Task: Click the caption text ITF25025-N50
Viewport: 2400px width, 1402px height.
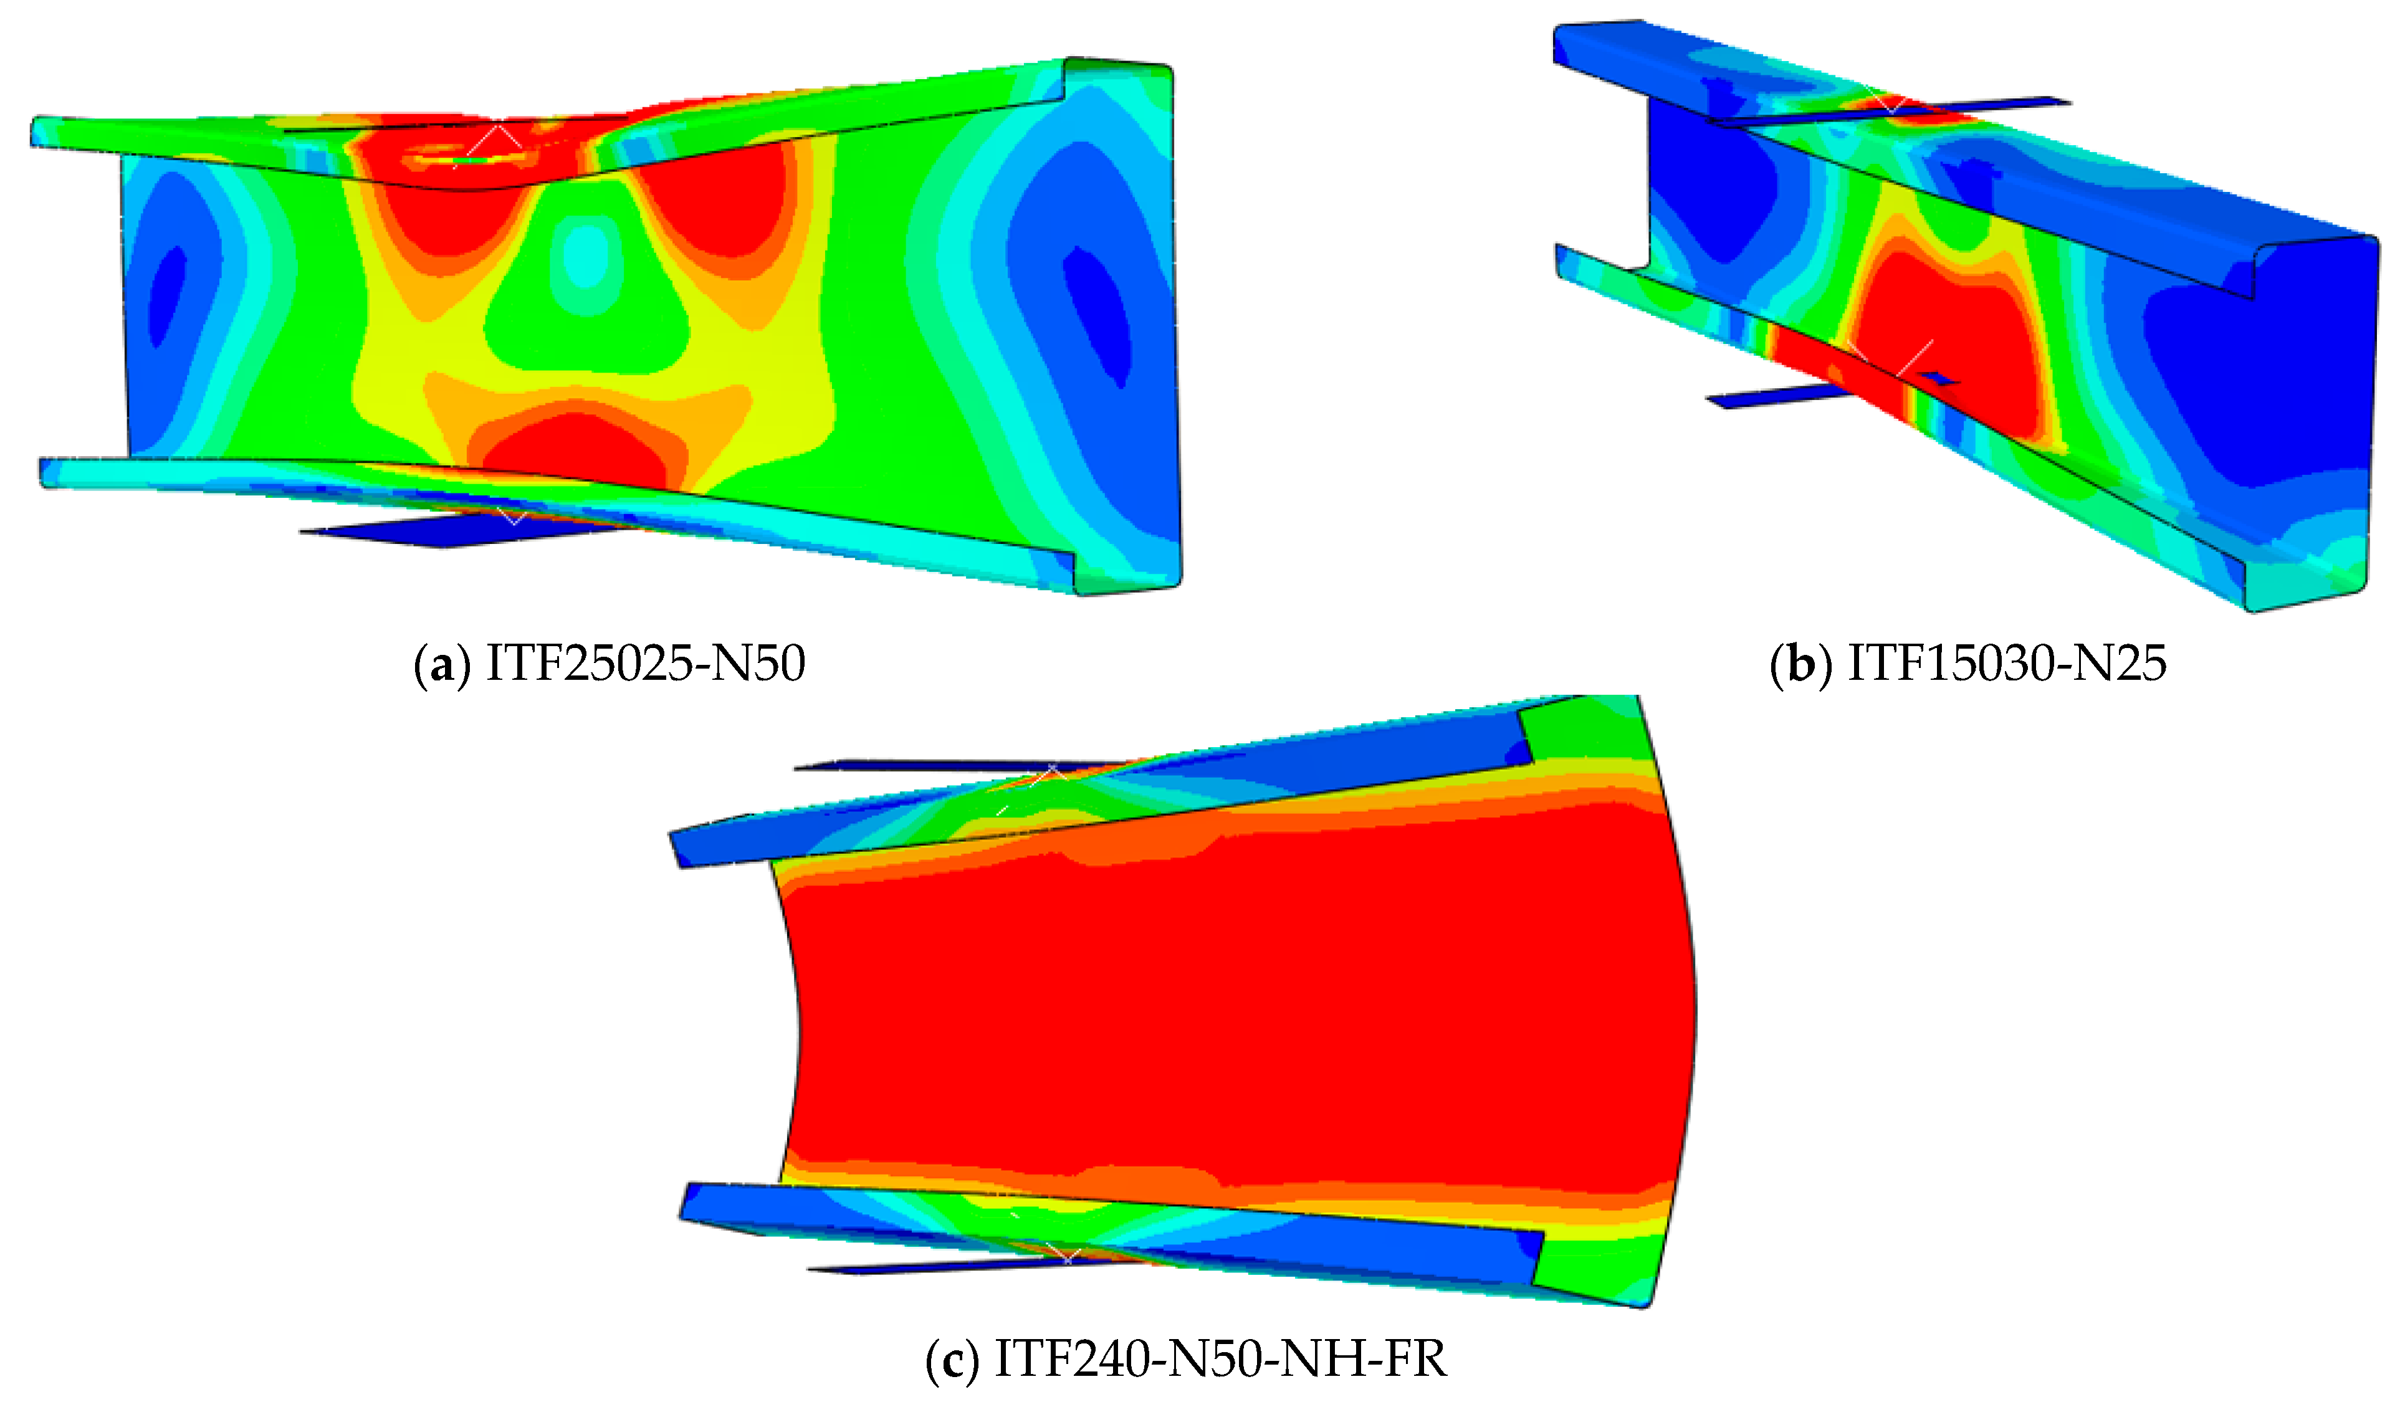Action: [645, 663]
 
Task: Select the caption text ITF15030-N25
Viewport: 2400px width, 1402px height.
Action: [2007, 663]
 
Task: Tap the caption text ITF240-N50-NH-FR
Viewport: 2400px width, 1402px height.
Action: [1220, 1358]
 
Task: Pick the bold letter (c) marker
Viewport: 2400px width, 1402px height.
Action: [952, 1359]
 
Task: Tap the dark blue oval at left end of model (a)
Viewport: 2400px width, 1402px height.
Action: [170, 295]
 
